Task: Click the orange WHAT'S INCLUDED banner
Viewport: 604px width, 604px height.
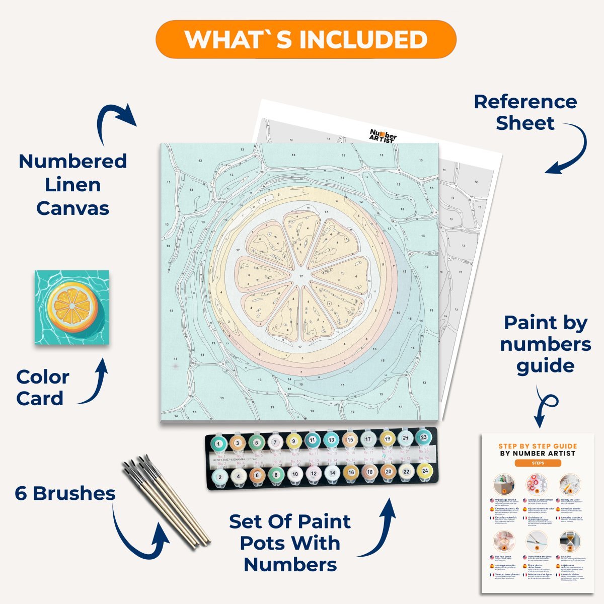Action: coord(306,40)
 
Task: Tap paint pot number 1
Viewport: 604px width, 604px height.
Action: coord(218,443)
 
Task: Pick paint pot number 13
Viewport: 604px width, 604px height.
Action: coord(331,439)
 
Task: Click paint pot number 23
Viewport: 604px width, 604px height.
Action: coord(424,437)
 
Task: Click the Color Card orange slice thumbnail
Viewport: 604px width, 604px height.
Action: coord(72,307)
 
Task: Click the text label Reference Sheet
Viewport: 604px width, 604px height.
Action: coord(525,112)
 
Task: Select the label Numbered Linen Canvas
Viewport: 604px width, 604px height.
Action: coord(72,185)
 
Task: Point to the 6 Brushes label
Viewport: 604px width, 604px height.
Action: coord(65,493)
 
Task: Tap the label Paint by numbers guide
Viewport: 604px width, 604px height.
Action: coord(546,344)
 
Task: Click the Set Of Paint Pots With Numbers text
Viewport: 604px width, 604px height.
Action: coord(290,543)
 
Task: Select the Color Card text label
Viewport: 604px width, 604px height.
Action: coord(42,388)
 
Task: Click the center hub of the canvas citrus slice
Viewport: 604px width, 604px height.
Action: coord(301,276)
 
